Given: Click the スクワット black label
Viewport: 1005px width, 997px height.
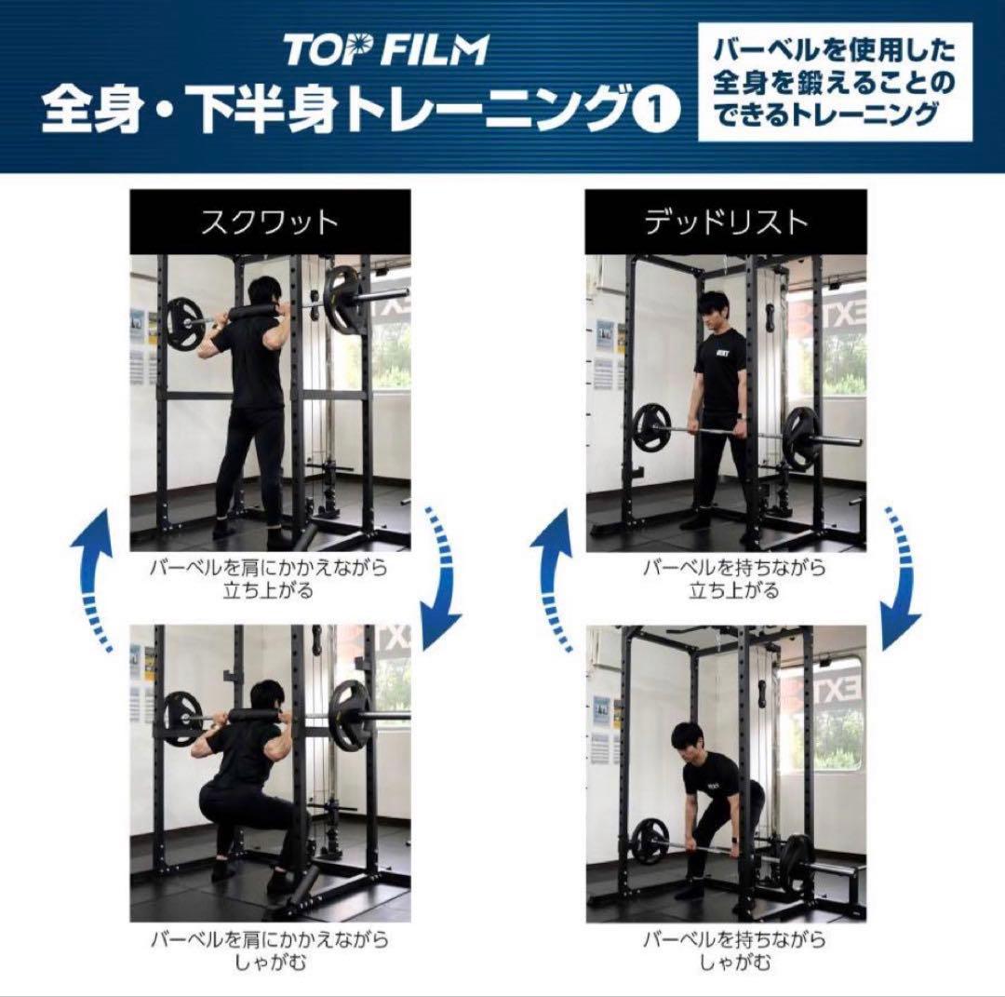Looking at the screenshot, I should (x=270, y=222).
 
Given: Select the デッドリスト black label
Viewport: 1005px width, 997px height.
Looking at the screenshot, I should (x=726, y=222).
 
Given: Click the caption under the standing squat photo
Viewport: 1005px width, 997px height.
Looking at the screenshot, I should (x=270, y=578).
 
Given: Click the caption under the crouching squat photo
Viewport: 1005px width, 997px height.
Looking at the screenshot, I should (x=270, y=950).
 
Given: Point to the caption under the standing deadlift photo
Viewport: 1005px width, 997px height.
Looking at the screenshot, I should (x=726, y=578).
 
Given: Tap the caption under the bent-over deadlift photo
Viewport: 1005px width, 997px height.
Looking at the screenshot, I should (x=726, y=950).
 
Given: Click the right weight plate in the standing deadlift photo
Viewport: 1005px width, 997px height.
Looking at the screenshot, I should (x=801, y=437).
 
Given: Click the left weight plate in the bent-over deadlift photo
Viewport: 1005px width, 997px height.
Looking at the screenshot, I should (x=650, y=842).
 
